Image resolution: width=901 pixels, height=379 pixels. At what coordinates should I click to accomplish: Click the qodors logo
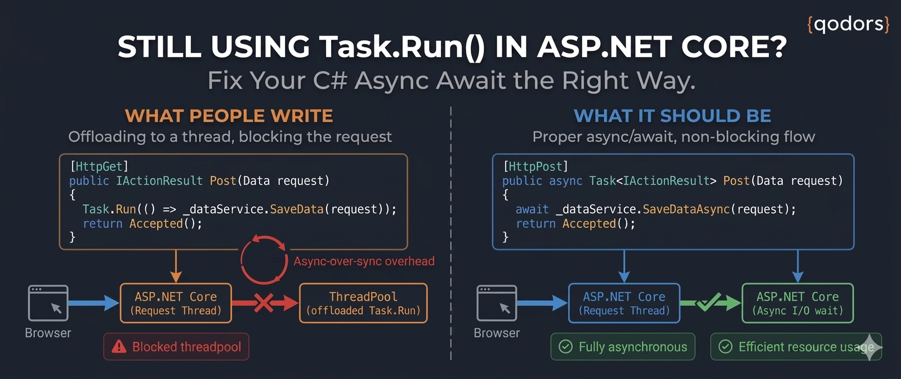click(848, 24)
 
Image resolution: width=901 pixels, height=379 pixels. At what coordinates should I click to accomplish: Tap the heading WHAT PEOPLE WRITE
click(229, 116)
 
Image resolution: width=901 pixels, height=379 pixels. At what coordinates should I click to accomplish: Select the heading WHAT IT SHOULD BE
click(672, 116)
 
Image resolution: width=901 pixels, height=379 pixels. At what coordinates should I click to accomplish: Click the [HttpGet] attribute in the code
click(99, 166)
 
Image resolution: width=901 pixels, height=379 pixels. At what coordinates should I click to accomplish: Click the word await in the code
click(532, 209)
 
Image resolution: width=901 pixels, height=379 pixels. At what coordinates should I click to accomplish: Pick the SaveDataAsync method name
click(686, 209)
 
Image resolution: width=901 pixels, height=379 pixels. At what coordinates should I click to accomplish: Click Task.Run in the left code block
click(109, 209)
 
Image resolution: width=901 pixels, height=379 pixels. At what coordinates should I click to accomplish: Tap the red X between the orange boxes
click(264, 303)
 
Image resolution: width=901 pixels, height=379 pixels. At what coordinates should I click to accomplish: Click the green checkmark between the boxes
click(709, 302)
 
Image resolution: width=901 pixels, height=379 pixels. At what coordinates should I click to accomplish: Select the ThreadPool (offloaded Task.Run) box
click(363, 303)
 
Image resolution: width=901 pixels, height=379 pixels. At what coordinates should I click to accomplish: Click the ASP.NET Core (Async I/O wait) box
click(797, 303)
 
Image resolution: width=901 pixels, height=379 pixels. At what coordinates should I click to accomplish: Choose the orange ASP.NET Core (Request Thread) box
click(176, 303)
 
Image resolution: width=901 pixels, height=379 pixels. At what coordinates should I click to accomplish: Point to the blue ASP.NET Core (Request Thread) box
click(625, 303)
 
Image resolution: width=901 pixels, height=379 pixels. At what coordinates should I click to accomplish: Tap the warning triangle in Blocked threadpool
click(119, 346)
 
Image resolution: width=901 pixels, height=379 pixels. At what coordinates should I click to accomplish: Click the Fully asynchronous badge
click(623, 347)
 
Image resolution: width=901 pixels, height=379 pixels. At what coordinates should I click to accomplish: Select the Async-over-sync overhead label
click(364, 261)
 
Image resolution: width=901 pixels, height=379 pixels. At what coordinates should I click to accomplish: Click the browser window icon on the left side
click(48, 303)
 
